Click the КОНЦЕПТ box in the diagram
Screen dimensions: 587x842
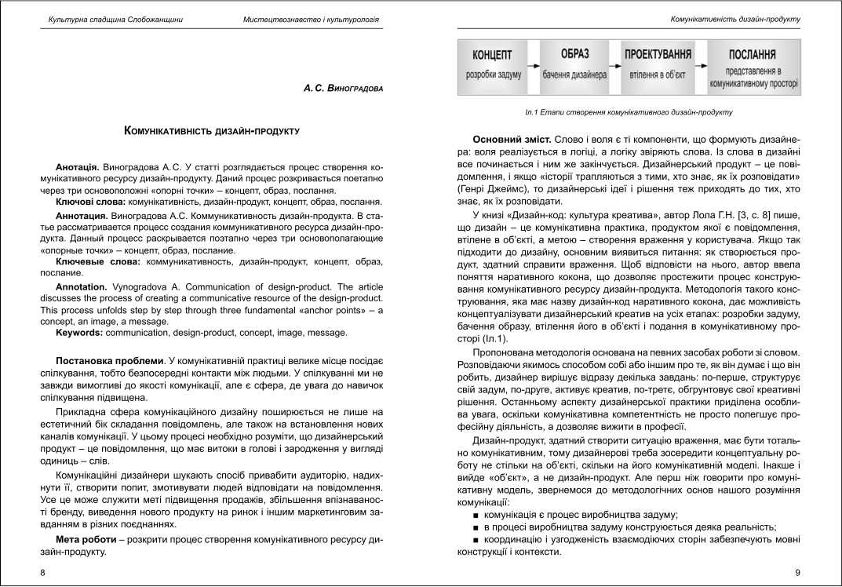[492, 67]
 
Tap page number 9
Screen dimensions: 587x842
[797, 573]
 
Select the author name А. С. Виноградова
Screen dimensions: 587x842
[343, 89]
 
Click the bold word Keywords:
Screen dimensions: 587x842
[82, 333]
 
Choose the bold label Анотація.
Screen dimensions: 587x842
[77, 168]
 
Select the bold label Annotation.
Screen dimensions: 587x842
[82, 287]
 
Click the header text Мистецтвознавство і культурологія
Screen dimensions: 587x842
[311, 19]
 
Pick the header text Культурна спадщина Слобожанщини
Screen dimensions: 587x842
[115, 19]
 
